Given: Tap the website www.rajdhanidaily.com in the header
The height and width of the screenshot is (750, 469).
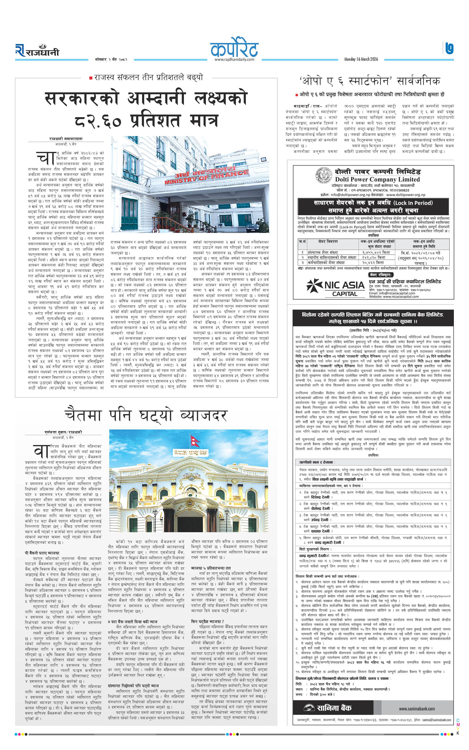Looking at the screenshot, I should (x=234, y=60).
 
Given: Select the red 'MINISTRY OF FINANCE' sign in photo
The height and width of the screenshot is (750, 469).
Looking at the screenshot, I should (x=206, y=177).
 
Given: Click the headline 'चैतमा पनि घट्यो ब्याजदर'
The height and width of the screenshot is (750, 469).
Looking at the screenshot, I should (x=146, y=416).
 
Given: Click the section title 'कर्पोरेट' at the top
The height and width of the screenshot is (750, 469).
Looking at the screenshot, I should (x=234, y=48).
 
